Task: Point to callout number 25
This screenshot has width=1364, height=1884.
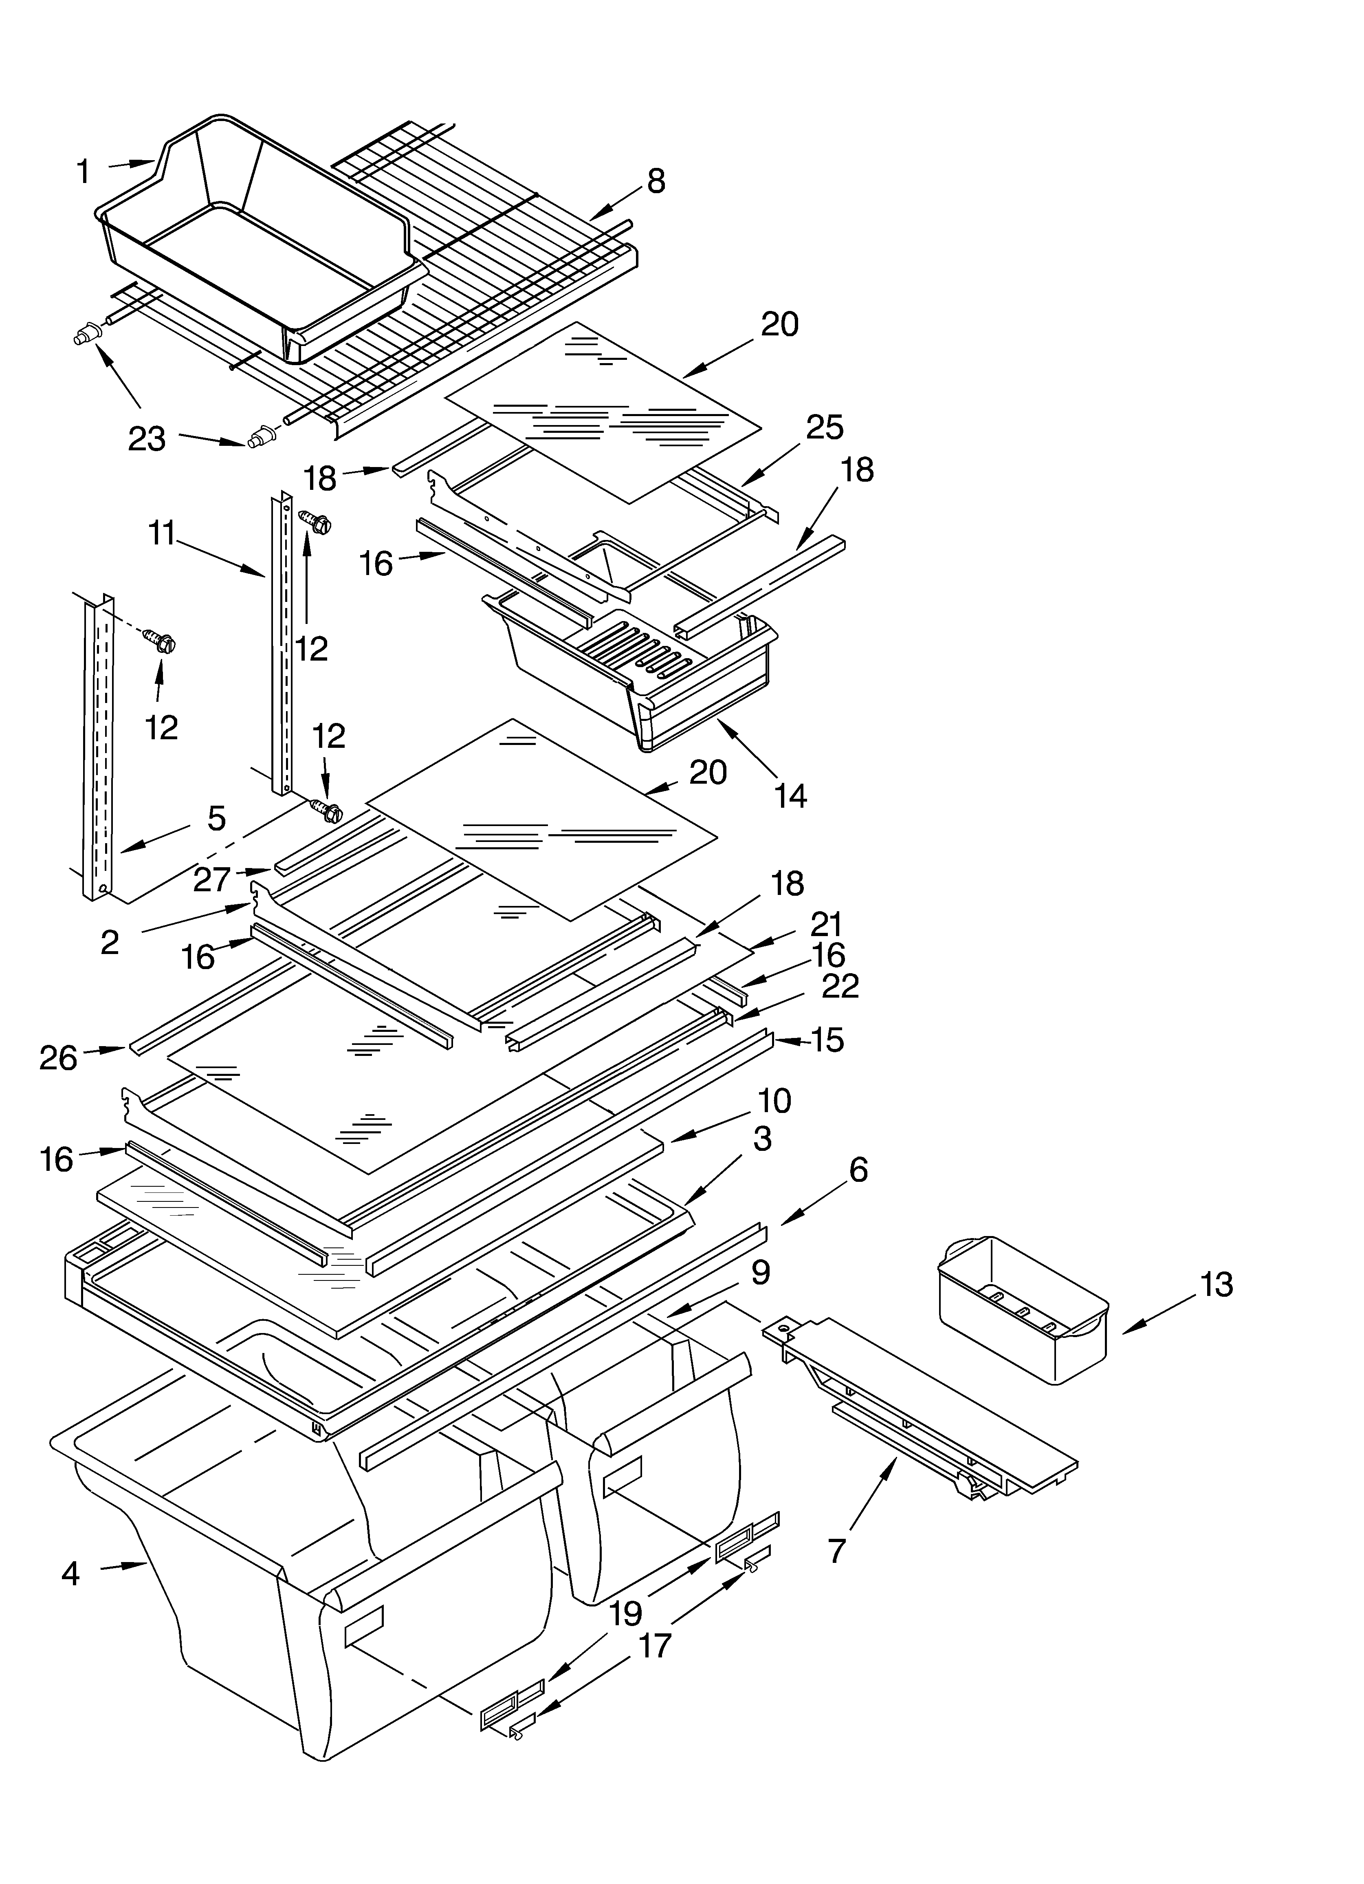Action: tap(824, 427)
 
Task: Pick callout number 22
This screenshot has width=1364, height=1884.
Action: tap(840, 986)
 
